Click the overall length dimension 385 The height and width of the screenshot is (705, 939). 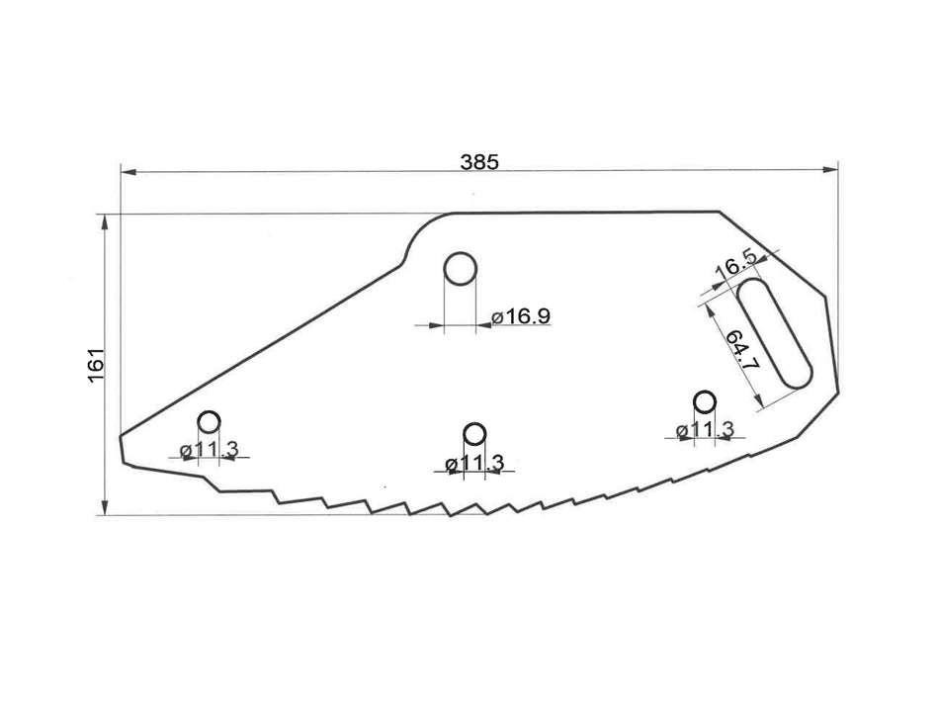click(x=479, y=161)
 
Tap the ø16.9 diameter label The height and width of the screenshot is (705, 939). click(x=521, y=316)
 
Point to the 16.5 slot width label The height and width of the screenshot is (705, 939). click(x=734, y=265)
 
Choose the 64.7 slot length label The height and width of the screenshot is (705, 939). click(x=743, y=350)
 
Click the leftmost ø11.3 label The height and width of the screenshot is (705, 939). click(x=209, y=450)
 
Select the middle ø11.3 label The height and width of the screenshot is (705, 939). click(x=474, y=463)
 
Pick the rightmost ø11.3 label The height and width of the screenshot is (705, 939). click(x=705, y=429)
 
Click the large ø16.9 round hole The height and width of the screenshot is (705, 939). click(x=460, y=268)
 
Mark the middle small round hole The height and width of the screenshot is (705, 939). click(x=474, y=434)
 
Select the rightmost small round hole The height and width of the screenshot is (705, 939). click(x=705, y=401)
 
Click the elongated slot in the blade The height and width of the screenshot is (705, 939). click(x=774, y=332)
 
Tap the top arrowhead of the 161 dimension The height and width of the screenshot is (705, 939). click(x=105, y=220)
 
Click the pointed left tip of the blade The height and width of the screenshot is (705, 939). click(x=121, y=437)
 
